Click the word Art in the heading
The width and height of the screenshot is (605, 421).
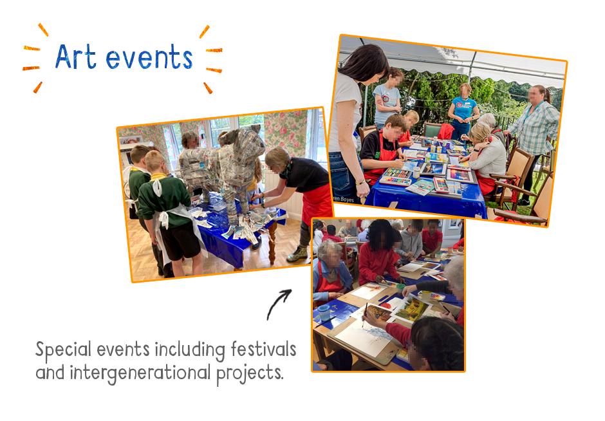click(76, 57)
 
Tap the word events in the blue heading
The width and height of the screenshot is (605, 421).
click(149, 57)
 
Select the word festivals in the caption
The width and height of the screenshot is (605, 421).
click(263, 349)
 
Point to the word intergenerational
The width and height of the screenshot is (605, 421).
click(140, 373)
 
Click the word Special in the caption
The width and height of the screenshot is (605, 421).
click(63, 350)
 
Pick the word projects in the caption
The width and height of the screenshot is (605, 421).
click(250, 373)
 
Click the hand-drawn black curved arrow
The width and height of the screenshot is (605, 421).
click(279, 304)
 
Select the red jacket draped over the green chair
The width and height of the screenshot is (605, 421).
click(446, 131)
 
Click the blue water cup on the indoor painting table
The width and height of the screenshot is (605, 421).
click(324, 312)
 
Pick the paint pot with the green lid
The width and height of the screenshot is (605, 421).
click(400, 288)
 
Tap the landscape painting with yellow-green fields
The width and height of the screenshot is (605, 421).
click(411, 308)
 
